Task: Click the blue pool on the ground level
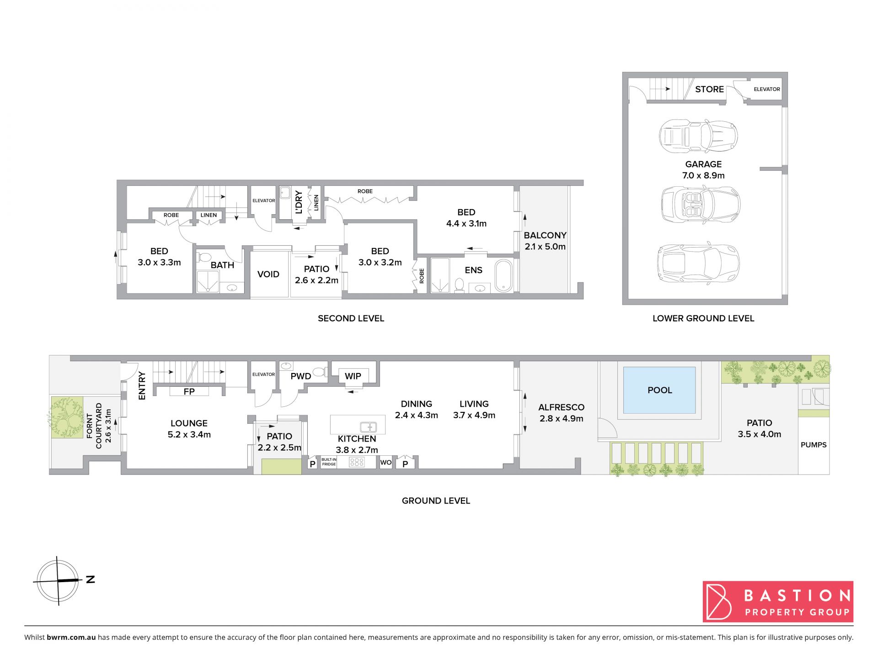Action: (659, 390)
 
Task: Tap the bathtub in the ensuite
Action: (503, 275)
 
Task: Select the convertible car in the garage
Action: (701, 203)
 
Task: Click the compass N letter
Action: (91, 579)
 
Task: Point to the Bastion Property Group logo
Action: (778, 601)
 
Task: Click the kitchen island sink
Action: (368, 427)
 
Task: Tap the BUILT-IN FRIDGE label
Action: (329, 462)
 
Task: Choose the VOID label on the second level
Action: (268, 274)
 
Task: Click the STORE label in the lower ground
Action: (709, 89)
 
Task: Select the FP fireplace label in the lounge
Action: (189, 391)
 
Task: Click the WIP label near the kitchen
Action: (353, 376)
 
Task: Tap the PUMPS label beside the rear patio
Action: (814, 444)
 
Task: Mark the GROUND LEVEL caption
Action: (436, 501)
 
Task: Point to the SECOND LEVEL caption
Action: (351, 318)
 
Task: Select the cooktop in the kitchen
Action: (357, 462)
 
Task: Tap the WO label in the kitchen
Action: (386, 462)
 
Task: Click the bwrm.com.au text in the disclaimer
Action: (71, 637)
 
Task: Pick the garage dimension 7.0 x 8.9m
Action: (703, 175)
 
